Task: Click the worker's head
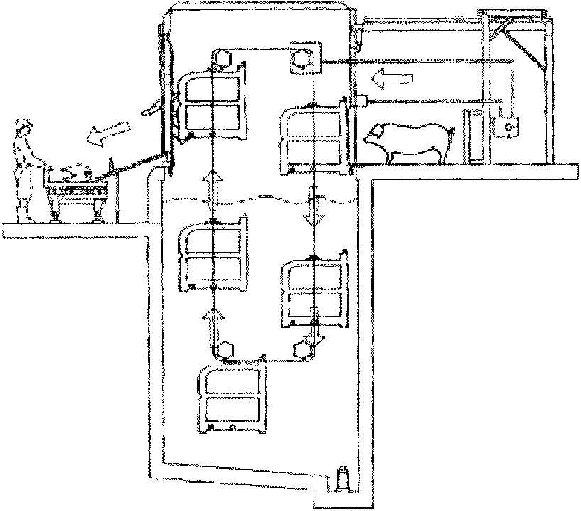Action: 26,129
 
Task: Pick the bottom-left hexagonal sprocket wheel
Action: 227,349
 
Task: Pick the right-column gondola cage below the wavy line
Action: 315,291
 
